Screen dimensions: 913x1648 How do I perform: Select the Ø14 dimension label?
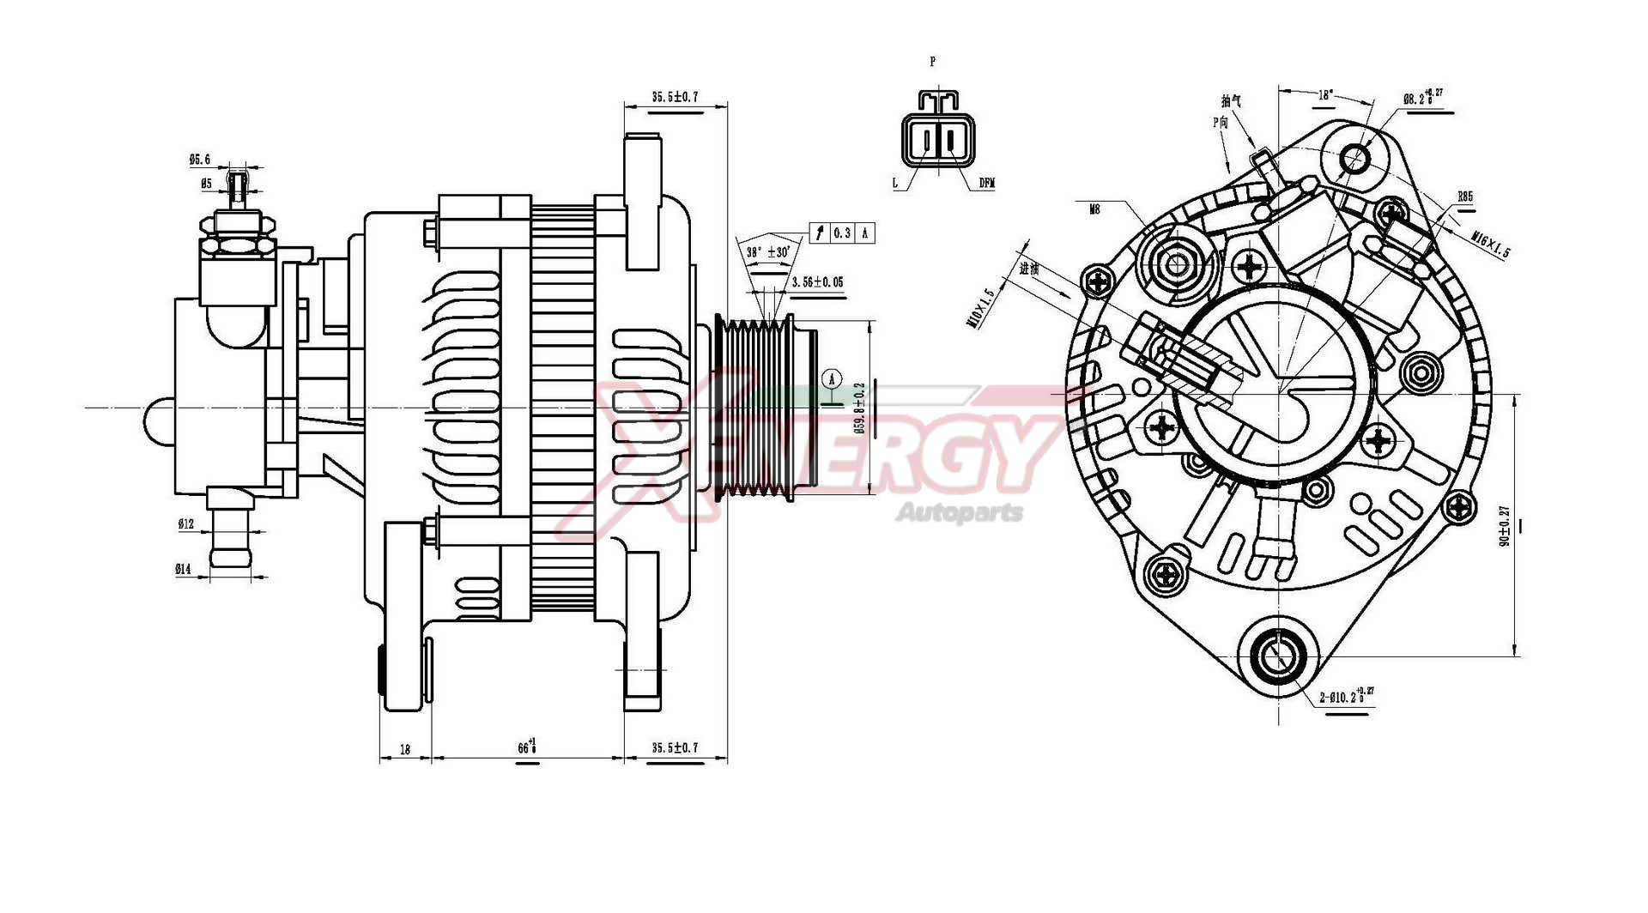point(184,569)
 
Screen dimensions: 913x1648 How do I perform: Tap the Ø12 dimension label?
point(185,523)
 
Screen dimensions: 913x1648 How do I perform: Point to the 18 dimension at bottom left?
point(405,749)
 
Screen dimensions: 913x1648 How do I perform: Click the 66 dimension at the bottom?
point(526,747)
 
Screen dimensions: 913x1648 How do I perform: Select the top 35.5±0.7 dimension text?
point(675,97)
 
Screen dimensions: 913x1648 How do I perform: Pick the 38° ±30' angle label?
point(767,252)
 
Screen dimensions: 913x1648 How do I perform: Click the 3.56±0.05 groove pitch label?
point(816,282)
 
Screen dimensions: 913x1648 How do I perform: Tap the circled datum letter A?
point(830,378)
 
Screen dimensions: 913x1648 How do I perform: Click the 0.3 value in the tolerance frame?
point(843,233)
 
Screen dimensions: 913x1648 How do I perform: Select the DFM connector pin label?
point(986,183)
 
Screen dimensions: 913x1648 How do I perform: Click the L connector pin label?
point(895,183)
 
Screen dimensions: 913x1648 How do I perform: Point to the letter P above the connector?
point(933,62)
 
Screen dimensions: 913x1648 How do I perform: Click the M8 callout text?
point(1094,209)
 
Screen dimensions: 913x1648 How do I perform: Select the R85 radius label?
point(1465,197)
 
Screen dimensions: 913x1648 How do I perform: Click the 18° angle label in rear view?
point(1326,95)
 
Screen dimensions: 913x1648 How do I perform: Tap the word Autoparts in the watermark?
point(960,513)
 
